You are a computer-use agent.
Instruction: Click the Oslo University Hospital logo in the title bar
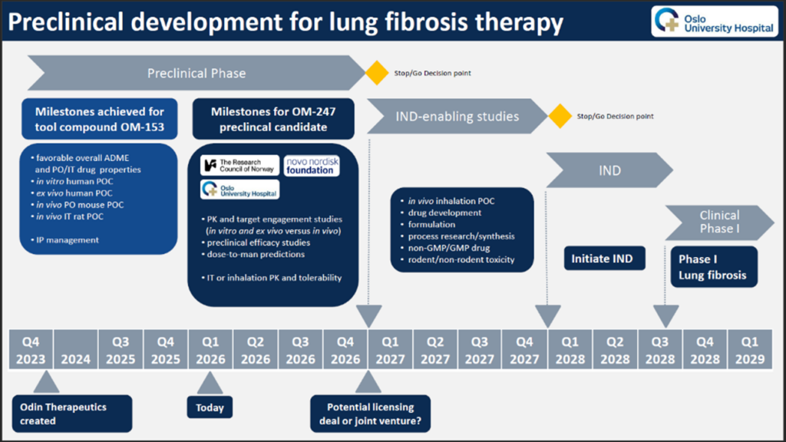click(x=713, y=21)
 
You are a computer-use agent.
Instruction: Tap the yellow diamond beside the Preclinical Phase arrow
click(x=376, y=73)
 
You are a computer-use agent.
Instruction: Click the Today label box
click(x=210, y=407)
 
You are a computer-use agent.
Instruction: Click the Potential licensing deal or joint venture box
click(x=370, y=414)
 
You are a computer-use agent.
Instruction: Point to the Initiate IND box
click(x=602, y=259)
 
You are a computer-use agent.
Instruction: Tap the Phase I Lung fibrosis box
click(x=713, y=266)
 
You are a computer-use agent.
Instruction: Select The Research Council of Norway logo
click(x=240, y=165)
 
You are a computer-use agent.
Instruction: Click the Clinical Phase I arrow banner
click(x=719, y=222)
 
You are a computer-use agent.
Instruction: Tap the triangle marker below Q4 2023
click(x=47, y=381)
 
